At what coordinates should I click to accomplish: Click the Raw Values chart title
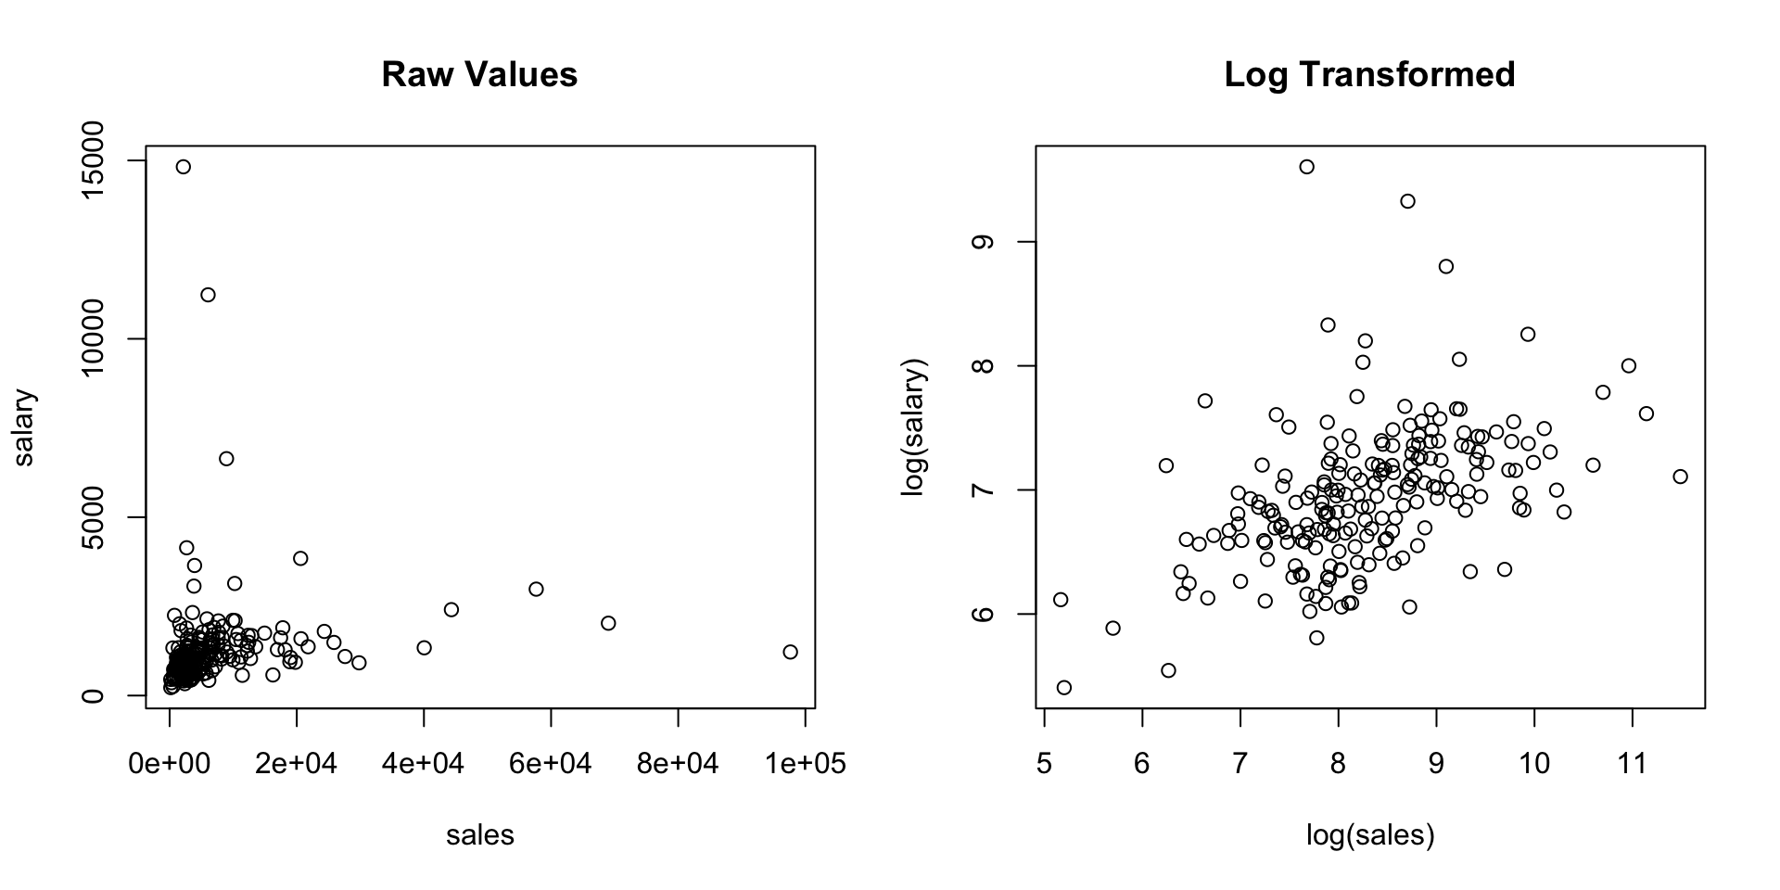point(479,74)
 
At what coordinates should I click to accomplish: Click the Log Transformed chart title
point(1369,74)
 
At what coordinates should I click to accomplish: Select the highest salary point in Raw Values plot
point(183,167)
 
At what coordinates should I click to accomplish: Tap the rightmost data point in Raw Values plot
point(790,652)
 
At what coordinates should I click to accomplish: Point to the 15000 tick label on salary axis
point(94,161)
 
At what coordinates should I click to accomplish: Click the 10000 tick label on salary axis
point(94,339)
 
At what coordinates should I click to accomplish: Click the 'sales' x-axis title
point(479,835)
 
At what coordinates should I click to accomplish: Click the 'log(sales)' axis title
point(1369,835)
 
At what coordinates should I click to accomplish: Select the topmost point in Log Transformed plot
point(1306,167)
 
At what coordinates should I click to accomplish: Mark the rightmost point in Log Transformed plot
point(1680,477)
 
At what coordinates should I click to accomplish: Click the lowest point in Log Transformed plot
point(1063,687)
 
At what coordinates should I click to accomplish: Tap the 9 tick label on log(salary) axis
point(984,242)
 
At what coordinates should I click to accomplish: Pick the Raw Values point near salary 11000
point(208,295)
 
